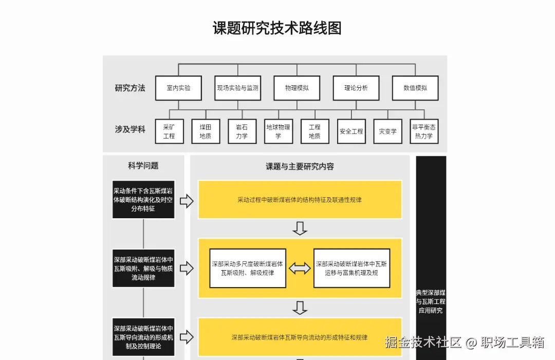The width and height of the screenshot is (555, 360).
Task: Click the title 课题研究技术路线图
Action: tap(277, 28)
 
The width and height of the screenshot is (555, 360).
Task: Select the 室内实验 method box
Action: tap(178, 88)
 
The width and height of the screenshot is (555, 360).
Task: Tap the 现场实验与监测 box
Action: tap(237, 88)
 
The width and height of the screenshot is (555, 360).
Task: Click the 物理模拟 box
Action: tap(297, 88)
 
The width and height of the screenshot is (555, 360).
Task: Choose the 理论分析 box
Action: tap(356, 88)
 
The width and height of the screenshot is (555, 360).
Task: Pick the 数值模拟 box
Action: tap(415, 88)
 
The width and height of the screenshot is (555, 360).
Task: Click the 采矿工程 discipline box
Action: tap(169, 131)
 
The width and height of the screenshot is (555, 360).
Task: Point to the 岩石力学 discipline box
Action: tap(242, 131)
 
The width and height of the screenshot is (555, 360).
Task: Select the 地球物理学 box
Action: tap(278, 131)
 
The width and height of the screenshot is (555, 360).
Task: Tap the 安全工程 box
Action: tap(351, 131)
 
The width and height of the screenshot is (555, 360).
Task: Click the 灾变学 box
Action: tap(387, 131)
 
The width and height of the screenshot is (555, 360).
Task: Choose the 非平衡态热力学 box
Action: tap(424, 131)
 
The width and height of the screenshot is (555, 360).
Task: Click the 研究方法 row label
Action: tap(130, 88)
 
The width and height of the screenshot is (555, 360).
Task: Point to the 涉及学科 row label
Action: tap(130, 129)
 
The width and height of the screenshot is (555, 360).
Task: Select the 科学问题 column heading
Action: tap(143, 165)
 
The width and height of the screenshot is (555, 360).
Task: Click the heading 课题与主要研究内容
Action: tap(300, 166)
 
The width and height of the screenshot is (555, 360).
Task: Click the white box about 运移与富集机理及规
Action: tap(351, 268)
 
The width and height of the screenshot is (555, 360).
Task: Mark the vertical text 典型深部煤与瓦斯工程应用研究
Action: tap(431, 301)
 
